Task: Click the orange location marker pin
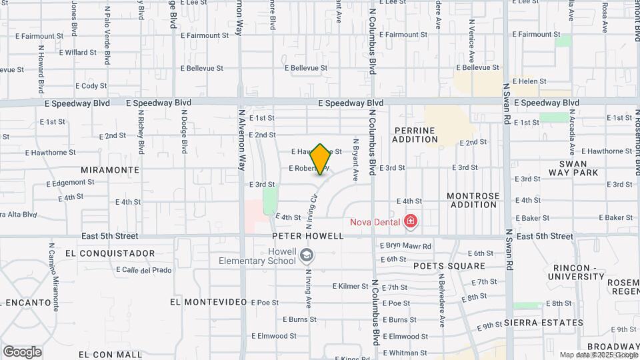pos(321,159)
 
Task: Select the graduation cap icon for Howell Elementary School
pos(305,255)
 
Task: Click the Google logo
pos(22,352)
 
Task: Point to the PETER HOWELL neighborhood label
pos(307,236)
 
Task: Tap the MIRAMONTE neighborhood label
pos(109,170)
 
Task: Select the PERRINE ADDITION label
pos(415,135)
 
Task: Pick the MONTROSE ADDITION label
pos(473,200)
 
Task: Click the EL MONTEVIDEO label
pos(205,302)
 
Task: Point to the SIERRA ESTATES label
pos(544,323)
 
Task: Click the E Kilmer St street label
pos(351,287)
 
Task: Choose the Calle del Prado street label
pos(143,270)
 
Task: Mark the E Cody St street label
pos(91,86)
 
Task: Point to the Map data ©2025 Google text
pos(598,355)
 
